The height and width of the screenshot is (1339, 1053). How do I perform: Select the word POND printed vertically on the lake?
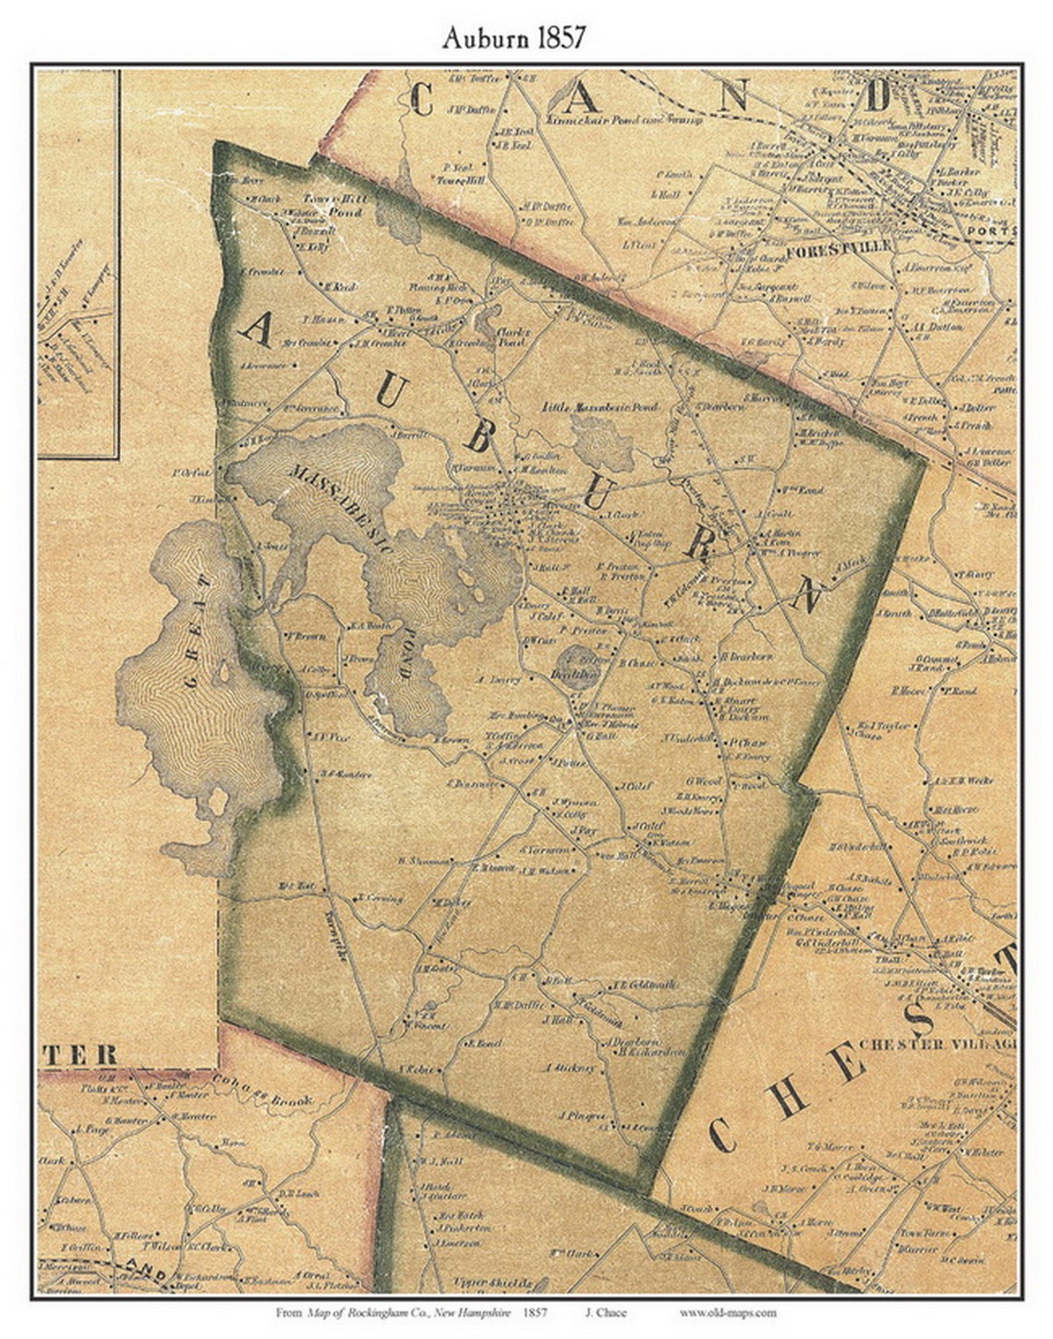tap(405, 656)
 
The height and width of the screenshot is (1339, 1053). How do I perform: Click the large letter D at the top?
tap(876, 96)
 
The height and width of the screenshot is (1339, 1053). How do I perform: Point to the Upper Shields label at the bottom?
tap(481, 1284)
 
